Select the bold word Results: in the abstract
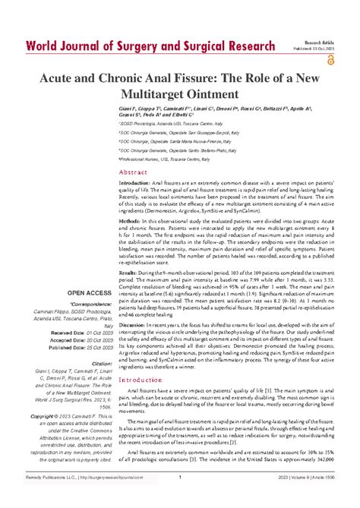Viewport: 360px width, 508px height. [129, 292]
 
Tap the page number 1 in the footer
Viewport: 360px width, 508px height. [179, 498]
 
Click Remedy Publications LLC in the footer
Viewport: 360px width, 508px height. [41, 498]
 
